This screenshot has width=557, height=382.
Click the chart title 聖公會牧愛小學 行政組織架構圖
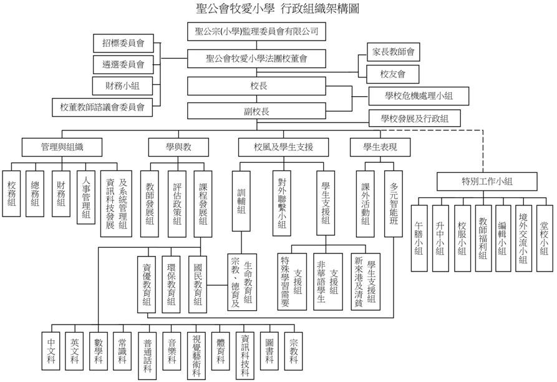click(278, 9)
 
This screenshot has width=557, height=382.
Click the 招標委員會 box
click(124, 44)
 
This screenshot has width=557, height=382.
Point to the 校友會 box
click(393, 74)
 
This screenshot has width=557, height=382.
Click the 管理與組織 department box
click(62, 147)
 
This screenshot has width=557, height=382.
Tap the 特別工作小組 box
click(487, 181)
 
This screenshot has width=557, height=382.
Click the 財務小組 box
click(124, 84)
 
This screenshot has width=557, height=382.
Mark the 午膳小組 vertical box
click(419, 238)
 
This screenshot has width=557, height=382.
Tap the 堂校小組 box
click(544, 238)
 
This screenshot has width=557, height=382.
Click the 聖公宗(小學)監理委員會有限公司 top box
click(257, 31)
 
